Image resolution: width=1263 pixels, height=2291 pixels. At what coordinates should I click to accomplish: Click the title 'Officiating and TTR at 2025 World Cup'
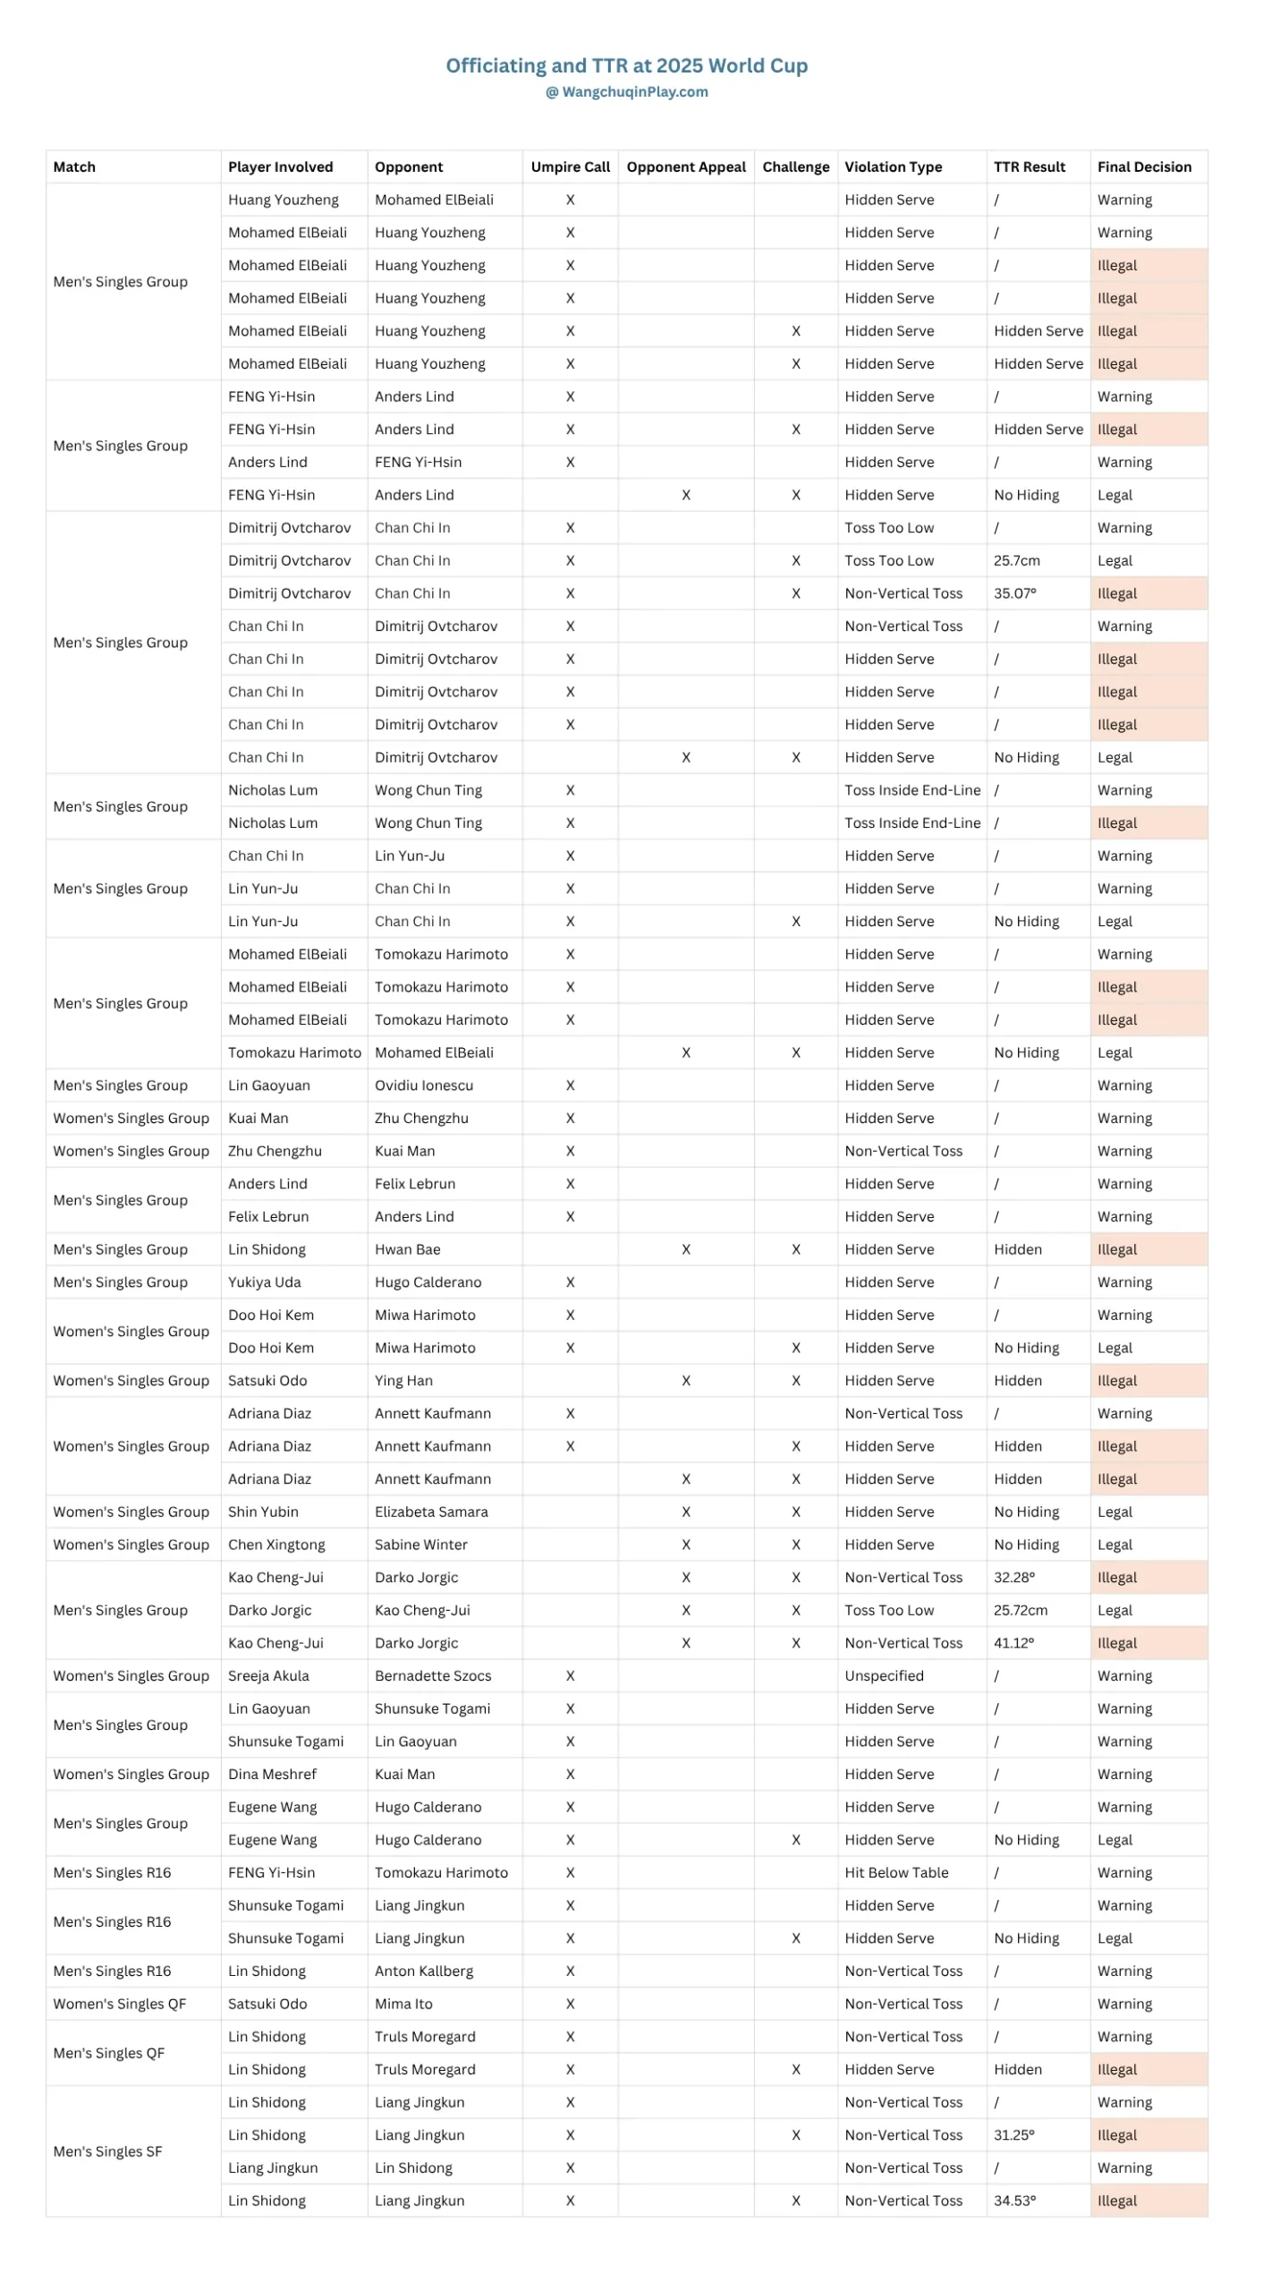[626, 65]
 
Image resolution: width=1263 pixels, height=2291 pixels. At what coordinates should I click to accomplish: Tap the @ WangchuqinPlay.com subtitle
[626, 91]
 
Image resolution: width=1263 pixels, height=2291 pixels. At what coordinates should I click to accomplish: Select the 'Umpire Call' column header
[570, 166]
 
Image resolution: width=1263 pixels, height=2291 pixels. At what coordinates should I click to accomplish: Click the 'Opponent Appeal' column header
[685, 166]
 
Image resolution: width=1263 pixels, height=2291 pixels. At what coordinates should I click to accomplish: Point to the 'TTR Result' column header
[1029, 166]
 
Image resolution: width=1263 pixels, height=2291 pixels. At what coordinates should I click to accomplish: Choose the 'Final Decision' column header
[1143, 166]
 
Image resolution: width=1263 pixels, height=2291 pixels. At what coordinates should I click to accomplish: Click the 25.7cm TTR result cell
[1016, 560]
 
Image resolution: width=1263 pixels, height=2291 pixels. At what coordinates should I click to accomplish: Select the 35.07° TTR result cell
[1014, 593]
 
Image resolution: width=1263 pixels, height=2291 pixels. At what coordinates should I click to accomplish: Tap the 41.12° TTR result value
[1013, 1642]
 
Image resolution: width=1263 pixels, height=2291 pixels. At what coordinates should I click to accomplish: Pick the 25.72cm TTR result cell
[1020, 1609]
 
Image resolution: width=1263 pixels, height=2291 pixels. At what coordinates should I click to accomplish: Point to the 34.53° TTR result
[1014, 2200]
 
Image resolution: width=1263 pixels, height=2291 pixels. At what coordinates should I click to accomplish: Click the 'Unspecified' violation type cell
[884, 1675]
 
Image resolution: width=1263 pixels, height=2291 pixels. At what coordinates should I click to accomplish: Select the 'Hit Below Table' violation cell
[896, 1872]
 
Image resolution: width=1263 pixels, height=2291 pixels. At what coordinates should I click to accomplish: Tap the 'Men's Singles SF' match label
[107, 2150]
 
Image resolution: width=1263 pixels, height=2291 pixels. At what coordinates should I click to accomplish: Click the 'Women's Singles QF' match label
[119, 2003]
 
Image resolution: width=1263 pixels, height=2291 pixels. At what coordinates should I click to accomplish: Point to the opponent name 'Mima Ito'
[403, 2003]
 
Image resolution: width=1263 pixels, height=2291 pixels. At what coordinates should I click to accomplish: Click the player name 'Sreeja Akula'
[268, 1675]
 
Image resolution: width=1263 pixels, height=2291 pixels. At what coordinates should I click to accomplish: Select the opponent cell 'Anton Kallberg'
[423, 1971]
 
